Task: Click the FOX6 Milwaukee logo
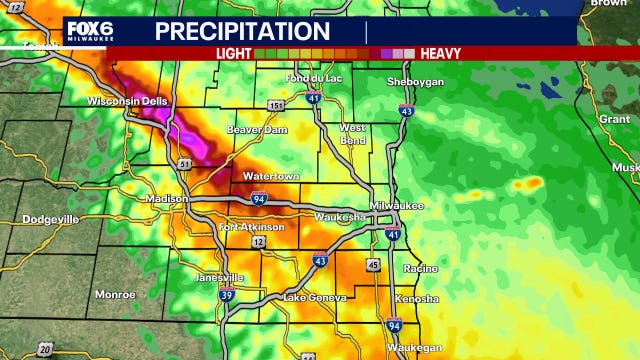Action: (89, 31)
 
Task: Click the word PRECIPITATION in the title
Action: (242, 31)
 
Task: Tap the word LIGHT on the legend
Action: (233, 53)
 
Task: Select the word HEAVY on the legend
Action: (440, 53)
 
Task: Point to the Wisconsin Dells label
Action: (130, 101)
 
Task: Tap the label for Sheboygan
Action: (415, 82)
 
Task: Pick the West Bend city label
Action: (352, 134)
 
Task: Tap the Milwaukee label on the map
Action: (396, 205)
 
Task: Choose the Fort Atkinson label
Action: (251, 227)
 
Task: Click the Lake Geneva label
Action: (314, 297)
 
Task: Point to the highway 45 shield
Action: (372, 265)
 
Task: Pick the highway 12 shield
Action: (259, 242)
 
